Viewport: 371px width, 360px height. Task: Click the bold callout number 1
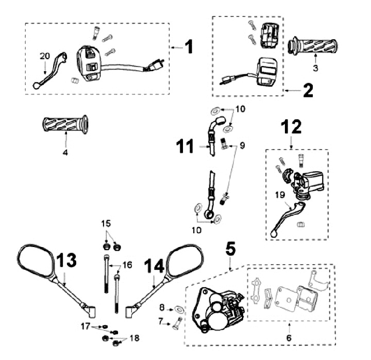[x=189, y=47]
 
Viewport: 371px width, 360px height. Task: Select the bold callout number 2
[x=308, y=92]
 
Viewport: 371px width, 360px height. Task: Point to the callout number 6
[x=289, y=338]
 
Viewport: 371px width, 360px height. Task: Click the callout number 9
[x=243, y=146]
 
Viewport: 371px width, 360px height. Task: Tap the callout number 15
[x=106, y=223]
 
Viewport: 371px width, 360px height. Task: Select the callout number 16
[x=127, y=265]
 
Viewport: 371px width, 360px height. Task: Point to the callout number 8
[x=162, y=308]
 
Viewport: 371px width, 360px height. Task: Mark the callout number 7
[x=162, y=321]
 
